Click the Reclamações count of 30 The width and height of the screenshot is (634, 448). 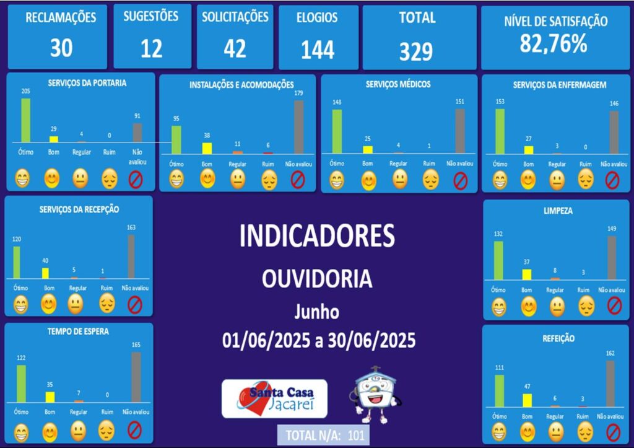61,48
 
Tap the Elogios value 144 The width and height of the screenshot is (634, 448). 318,50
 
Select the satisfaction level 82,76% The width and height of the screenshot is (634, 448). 554,43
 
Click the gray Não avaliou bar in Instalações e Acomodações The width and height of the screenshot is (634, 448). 299,126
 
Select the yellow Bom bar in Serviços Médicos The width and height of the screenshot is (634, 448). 368,149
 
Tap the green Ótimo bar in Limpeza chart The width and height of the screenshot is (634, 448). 498,260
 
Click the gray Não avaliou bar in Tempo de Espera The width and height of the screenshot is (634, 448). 136,377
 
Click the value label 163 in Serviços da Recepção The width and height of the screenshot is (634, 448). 131,227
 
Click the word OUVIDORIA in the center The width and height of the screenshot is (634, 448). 317,279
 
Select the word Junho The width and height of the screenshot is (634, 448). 316,312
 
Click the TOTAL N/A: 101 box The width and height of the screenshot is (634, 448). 324,434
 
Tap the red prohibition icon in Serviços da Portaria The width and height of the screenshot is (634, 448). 135,179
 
